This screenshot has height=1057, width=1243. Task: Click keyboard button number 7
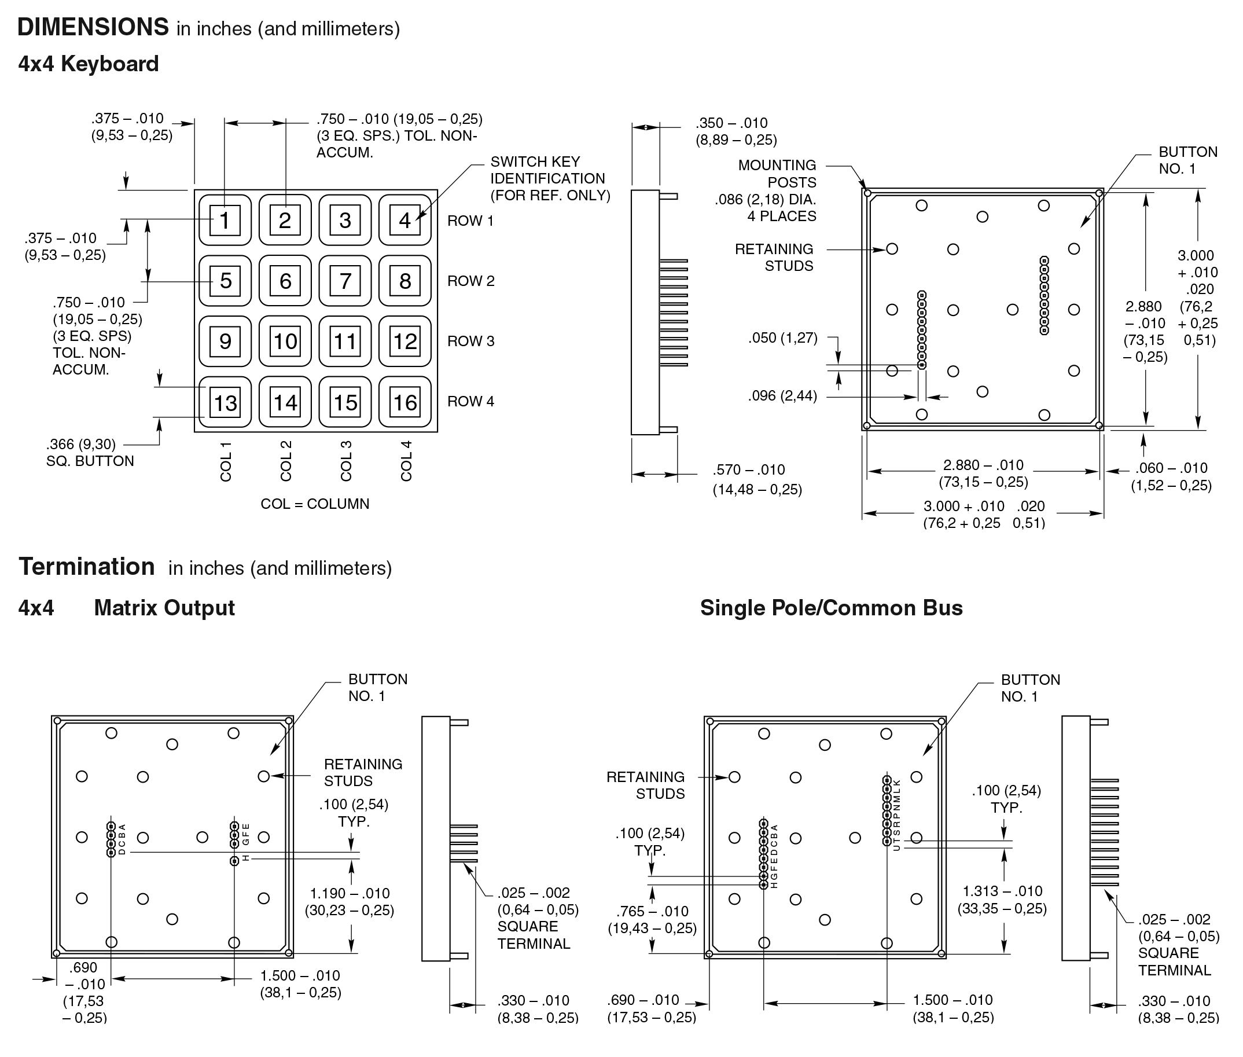click(345, 281)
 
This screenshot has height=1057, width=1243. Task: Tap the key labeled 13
click(225, 402)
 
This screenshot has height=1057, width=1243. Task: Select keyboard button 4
click(405, 220)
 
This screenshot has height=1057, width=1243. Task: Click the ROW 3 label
click(471, 341)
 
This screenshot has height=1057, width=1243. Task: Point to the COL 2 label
click(286, 461)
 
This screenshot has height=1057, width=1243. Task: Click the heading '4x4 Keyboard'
click(88, 64)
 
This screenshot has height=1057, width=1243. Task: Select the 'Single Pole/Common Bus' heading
click(831, 608)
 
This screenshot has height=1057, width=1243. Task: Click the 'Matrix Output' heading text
click(164, 608)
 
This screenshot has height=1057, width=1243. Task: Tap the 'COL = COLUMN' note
click(314, 504)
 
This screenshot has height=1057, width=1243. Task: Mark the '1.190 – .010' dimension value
click(350, 893)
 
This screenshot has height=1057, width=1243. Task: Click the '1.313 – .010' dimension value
click(1002, 891)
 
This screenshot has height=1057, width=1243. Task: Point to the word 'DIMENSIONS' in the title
click(93, 27)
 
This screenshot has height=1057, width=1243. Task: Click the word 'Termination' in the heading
click(87, 566)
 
